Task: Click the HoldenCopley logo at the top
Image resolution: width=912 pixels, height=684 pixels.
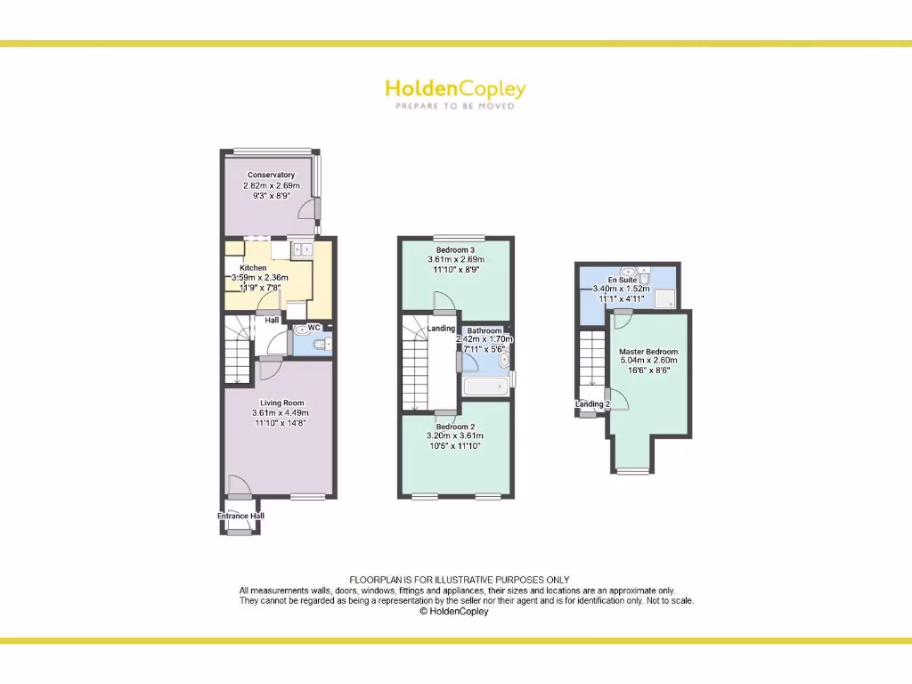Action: (455, 89)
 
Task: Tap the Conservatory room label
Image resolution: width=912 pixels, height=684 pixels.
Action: (272, 175)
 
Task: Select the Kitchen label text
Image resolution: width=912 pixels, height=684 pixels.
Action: (253, 268)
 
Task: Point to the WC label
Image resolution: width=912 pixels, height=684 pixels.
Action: (313, 328)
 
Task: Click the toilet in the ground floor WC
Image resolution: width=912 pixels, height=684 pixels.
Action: (322, 344)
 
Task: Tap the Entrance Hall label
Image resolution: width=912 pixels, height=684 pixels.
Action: (240, 516)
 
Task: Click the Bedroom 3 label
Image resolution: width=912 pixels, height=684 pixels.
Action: (455, 248)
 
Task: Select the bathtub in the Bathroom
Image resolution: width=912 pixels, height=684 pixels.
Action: (485, 386)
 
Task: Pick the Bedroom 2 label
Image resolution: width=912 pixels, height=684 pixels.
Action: (455, 425)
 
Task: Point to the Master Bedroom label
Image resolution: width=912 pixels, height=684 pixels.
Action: (648, 352)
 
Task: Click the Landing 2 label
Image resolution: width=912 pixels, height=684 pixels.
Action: (592, 404)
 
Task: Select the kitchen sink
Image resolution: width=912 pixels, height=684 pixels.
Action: (302, 249)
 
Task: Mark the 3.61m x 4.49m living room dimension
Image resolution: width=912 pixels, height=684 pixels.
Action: (280, 413)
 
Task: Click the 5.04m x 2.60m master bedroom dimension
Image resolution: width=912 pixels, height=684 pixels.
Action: (648, 362)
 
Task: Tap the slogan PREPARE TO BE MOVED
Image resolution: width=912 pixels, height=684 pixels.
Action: (455, 106)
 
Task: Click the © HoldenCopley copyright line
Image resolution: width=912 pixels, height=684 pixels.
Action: (454, 612)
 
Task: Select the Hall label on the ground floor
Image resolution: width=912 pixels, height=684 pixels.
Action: (272, 320)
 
